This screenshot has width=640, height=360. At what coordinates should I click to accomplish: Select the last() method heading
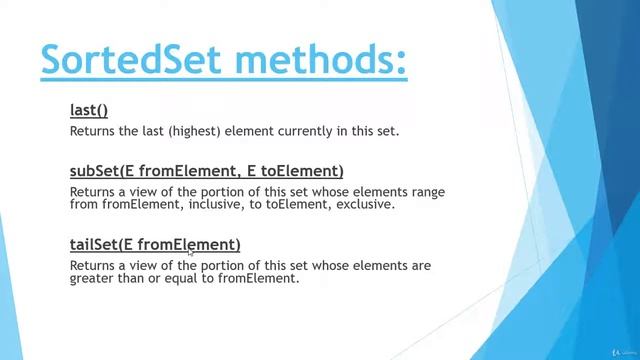click(x=89, y=110)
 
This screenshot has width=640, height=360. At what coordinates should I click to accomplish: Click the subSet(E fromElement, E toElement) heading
click(x=206, y=171)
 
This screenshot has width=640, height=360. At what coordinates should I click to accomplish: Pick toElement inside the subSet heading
click(x=303, y=171)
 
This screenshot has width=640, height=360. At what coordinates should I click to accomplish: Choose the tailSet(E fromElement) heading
click(x=155, y=244)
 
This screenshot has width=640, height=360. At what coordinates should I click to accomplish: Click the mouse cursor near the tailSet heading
click(x=191, y=253)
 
